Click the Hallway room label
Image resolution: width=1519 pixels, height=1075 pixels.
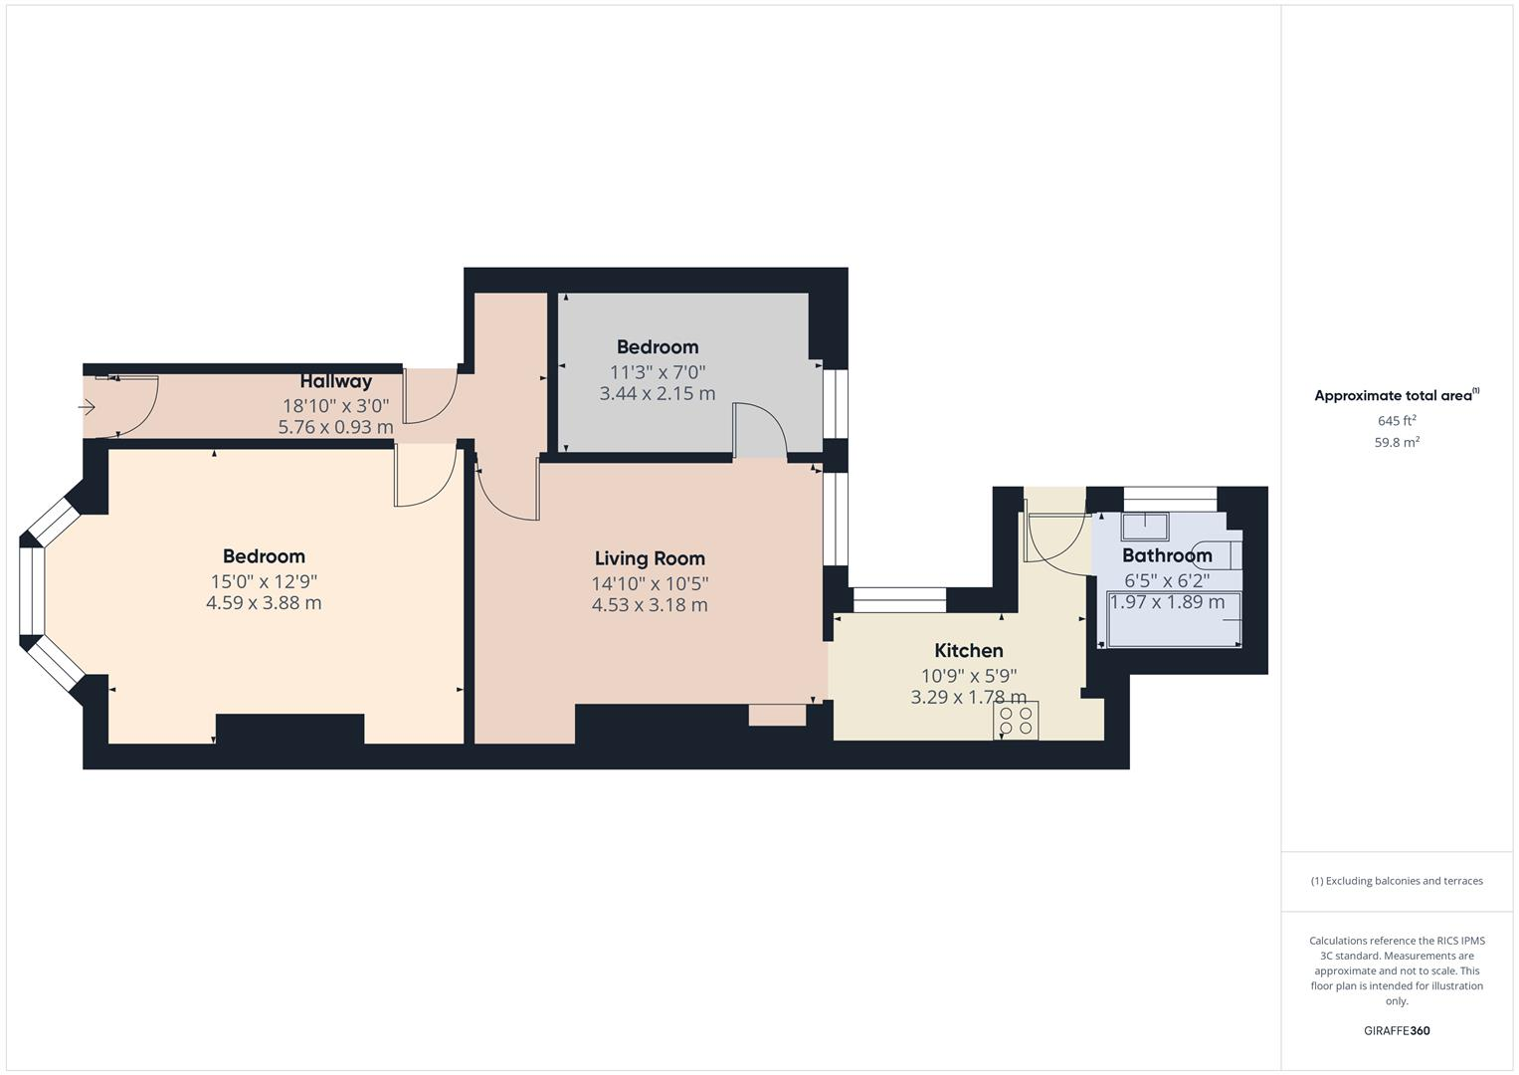point(336,381)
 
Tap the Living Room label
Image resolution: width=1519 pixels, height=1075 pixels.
point(650,558)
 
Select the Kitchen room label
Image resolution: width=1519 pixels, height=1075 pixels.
point(968,651)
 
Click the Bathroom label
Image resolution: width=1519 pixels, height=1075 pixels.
point(1167,555)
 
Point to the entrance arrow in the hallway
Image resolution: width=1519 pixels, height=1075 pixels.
point(87,407)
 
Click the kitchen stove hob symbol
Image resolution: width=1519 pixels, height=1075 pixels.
point(1016,721)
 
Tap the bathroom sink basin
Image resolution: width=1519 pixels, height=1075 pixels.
point(1144,525)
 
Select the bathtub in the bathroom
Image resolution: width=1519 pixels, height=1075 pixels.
point(1174,619)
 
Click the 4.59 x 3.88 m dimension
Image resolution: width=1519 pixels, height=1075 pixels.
point(264,603)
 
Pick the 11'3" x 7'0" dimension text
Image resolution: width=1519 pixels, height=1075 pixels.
point(658,372)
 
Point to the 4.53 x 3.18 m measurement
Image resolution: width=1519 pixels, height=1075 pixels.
point(650,605)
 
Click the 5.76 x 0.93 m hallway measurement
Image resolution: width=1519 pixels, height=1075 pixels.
point(335,427)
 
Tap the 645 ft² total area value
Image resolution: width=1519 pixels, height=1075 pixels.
point(1397,421)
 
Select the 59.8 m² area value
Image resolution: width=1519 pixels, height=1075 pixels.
point(1397,443)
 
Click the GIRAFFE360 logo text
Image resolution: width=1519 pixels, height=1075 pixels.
point(1397,1030)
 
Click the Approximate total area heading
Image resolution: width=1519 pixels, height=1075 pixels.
point(1396,396)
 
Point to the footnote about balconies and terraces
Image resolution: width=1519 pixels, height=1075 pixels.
point(1397,881)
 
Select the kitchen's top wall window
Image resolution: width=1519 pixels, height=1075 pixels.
point(899,599)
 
